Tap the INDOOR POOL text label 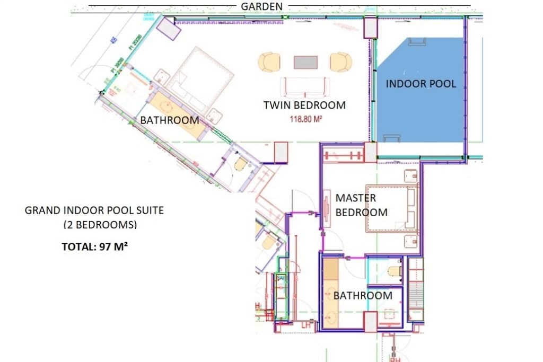[421, 84]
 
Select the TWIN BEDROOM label [304, 105]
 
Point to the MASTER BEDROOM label [361, 205]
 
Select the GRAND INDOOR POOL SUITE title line [94, 210]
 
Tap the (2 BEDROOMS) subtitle [100, 224]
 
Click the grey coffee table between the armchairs [306, 63]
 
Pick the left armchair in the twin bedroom [269, 62]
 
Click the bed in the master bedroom [393, 208]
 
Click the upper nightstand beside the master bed [410, 176]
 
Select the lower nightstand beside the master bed [410, 242]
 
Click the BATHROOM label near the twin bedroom [169, 120]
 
